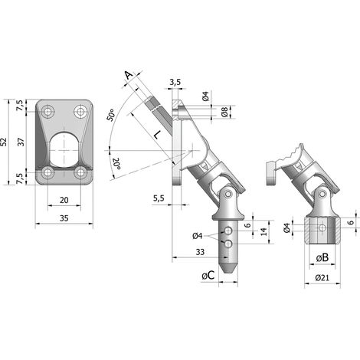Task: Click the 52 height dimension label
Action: click(x=3, y=142)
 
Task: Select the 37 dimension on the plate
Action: click(x=21, y=142)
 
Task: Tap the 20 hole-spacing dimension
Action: click(x=64, y=200)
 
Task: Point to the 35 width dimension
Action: click(x=64, y=218)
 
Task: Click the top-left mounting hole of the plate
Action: click(x=47, y=111)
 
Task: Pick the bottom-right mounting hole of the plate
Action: click(x=80, y=172)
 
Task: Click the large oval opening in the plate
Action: click(x=64, y=150)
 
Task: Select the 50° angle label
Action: click(x=110, y=115)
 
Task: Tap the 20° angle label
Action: click(x=116, y=163)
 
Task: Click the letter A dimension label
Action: click(x=129, y=75)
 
